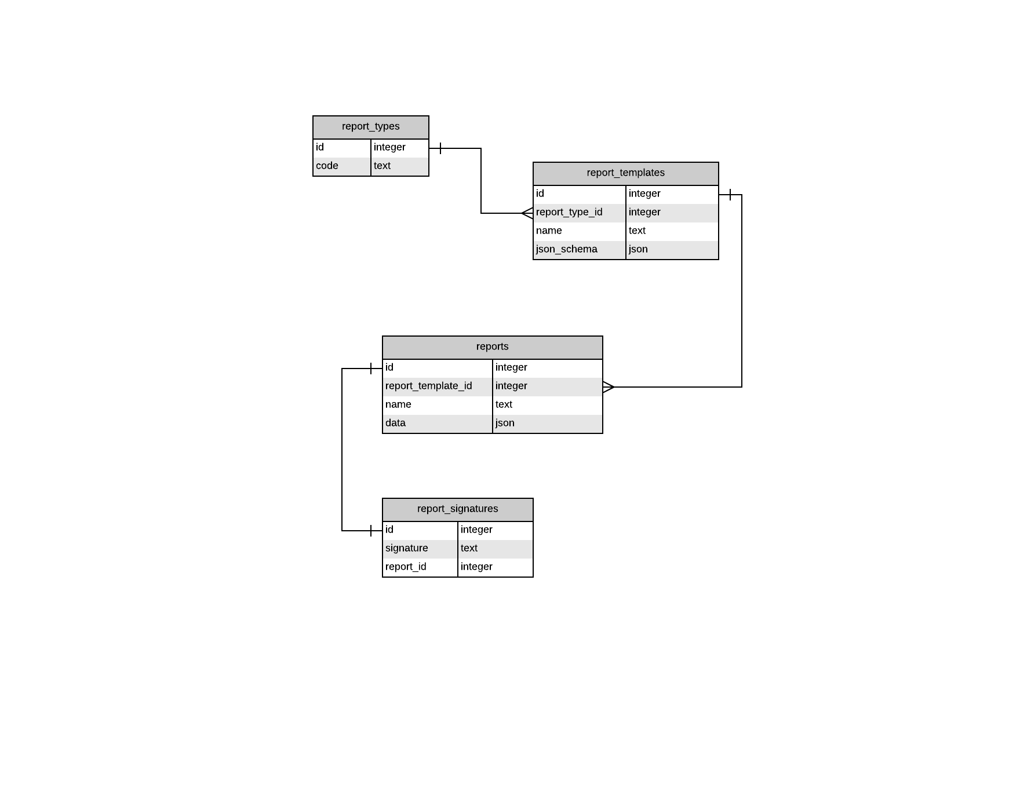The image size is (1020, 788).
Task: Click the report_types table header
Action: pos(370,127)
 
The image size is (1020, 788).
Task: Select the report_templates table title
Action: pos(625,173)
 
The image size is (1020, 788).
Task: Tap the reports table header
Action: pos(492,347)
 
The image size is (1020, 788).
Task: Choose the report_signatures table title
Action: pos(457,509)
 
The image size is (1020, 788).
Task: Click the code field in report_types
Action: pos(327,166)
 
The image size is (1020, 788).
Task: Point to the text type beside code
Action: pos(382,166)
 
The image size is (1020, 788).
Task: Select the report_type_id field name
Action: pos(569,213)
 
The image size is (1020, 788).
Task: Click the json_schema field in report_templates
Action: pos(566,250)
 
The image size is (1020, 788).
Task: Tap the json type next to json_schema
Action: pos(638,250)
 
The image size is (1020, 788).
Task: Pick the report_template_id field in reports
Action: pos(428,386)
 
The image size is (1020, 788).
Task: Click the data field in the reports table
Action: pos(395,424)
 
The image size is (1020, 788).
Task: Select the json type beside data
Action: pos(505,424)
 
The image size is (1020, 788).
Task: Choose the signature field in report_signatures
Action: pos(406,549)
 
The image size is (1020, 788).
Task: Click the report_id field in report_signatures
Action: pos(406,567)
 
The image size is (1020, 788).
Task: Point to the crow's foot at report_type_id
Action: pos(527,213)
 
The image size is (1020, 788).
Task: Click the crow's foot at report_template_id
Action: pos(609,387)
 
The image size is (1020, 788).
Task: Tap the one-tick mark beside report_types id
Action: pos(440,148)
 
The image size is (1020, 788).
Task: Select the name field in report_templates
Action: pos(549,231)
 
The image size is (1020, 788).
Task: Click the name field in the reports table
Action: pos(398,405)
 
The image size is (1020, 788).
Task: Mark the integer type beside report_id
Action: pos(476,567)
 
